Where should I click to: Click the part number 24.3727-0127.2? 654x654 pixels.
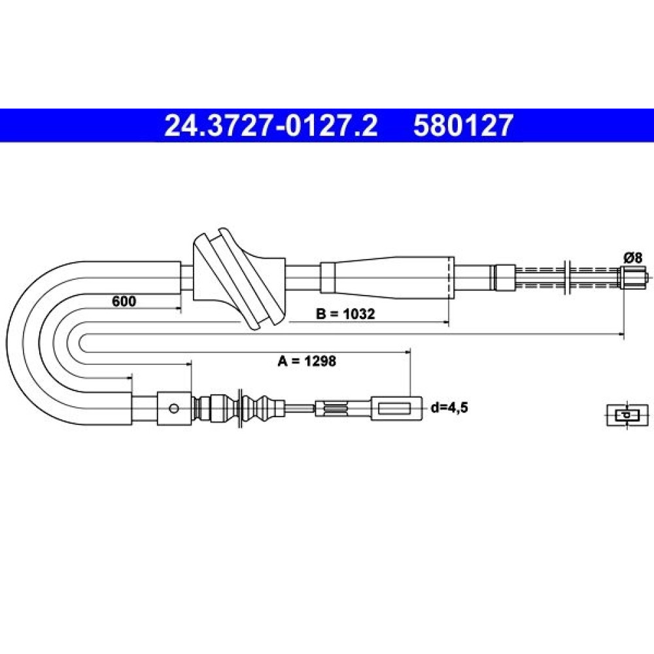pyautogui.click(x=271, y=126)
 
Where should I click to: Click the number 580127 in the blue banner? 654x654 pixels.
pyautogui.click(x=463, y=126)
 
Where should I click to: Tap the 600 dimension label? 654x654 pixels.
pyautogui.click(x=124, y=301)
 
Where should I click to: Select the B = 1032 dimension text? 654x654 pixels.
pyautogui.click(x=345, y=314)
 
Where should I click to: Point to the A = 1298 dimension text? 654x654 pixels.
pyautogui.click(x=307, y=361)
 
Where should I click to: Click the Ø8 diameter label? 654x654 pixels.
pyautogui.click(x=632, y=258)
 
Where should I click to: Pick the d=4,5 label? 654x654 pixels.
pyautogui.click(x=449, y=407)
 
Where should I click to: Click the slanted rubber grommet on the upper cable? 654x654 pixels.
pyautogui.click(x=239, y=278)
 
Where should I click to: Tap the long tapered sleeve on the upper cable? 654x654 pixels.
pyautogui.click(x=387, y=277)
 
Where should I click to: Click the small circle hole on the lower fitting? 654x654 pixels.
pyautogui.click(x=174, y=408)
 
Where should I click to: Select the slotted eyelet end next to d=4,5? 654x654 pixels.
pyautogui.click(x=396, y=408)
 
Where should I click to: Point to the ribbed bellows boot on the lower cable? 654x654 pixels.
pyautogui.click(x=239, y=408)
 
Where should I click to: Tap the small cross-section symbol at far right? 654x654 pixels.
pyautogui.click(x=627, y=415)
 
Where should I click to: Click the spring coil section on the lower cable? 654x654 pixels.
pyautogui.click(x=336, y=408)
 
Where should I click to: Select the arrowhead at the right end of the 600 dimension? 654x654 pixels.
pyautogui.click(x=178, y=309)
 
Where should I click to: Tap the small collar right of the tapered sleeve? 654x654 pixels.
pyautogui.click(x=504, y=277)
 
